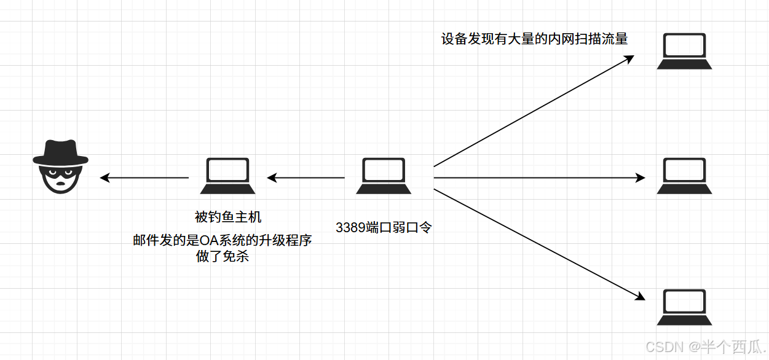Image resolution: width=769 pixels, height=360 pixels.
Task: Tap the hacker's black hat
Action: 60,152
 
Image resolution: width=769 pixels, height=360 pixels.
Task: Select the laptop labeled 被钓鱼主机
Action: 227,176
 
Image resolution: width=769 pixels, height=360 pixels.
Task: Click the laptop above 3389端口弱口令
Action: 384,176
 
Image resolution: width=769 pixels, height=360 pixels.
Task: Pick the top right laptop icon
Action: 684,52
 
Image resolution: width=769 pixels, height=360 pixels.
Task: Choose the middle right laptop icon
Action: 684,176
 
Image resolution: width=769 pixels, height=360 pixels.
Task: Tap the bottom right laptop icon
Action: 684,307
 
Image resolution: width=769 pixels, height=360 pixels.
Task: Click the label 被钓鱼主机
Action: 228,217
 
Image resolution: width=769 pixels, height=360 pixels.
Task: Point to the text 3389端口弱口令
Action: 384,227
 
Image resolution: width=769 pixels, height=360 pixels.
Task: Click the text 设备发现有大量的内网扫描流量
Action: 534,39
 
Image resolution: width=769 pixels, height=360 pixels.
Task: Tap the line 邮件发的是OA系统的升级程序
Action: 223,240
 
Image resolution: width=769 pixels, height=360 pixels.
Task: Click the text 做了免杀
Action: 223,257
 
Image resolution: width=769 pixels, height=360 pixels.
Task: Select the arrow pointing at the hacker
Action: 144,178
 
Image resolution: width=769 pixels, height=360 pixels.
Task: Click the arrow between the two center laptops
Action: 306,178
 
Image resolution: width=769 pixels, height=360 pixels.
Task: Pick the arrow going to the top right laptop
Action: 534,111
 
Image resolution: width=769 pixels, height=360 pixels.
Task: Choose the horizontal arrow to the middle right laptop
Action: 539,178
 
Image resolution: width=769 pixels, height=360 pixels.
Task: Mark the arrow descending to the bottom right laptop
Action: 539,245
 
